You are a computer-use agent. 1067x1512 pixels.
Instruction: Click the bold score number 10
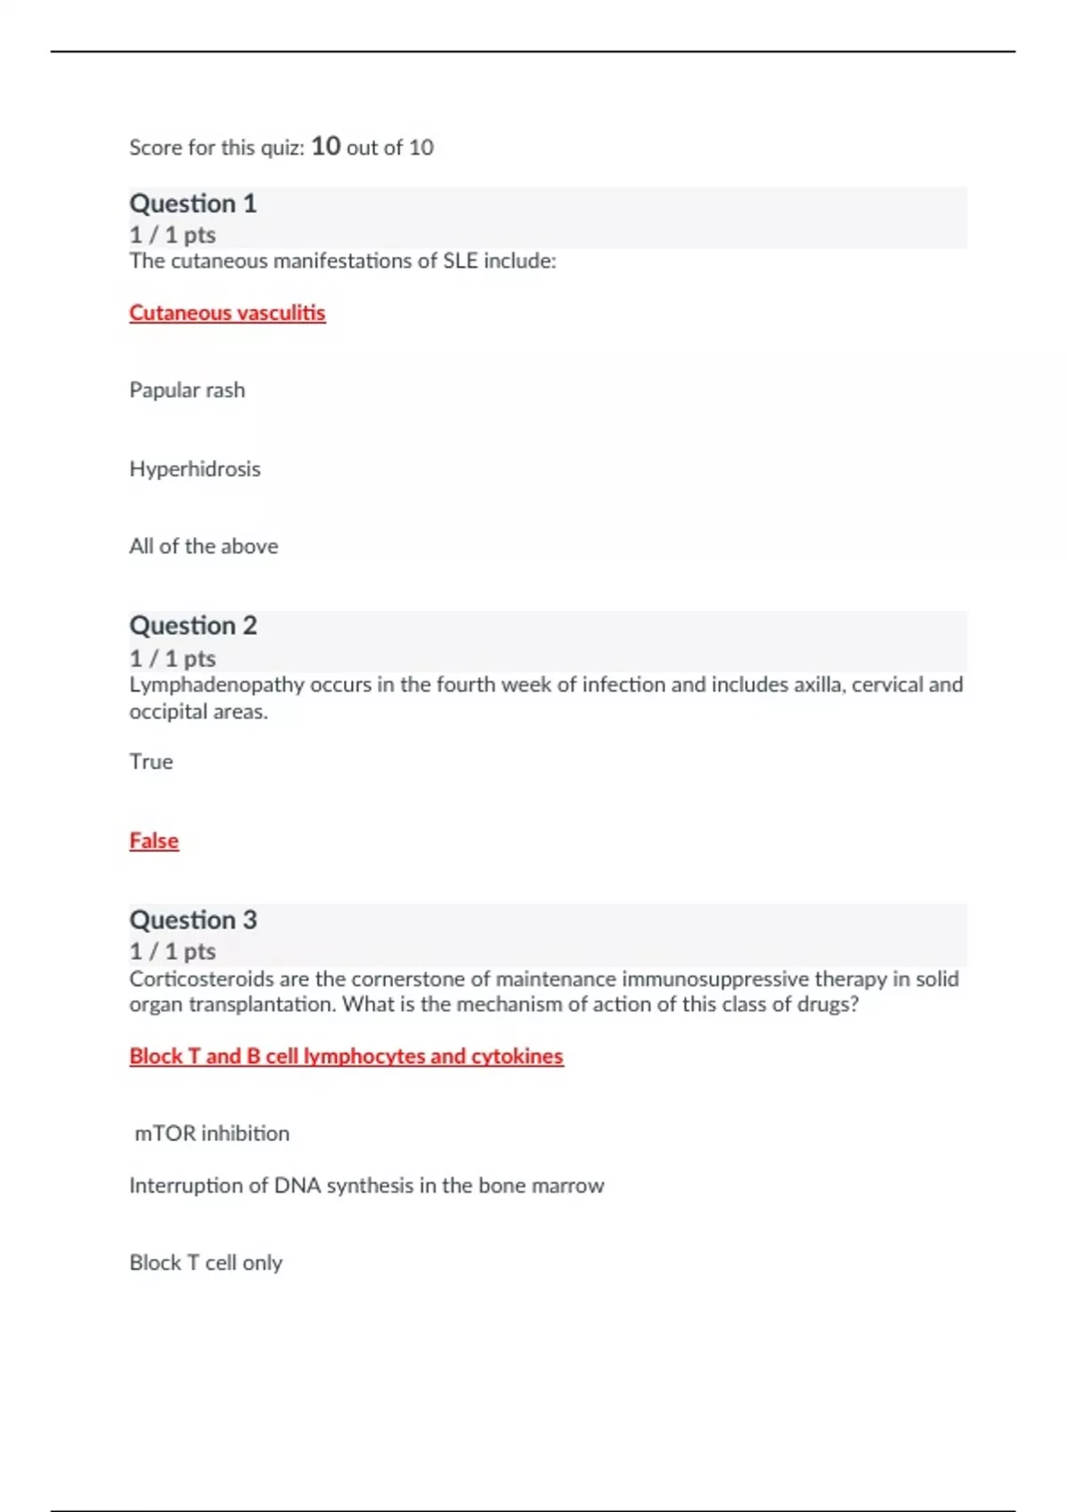pos(325,146)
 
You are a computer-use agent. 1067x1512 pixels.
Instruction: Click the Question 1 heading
pos(193,204)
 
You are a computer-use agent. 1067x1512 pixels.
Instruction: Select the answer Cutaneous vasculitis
pos(227,313)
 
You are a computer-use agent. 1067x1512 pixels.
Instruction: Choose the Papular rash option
pos(187,390)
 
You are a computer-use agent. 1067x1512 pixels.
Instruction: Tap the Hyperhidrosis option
pos(195,469)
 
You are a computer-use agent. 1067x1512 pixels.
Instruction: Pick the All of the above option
pos(204,546)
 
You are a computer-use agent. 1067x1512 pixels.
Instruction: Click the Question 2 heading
pos(193,625)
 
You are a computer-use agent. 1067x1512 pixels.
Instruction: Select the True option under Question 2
pos(151,762)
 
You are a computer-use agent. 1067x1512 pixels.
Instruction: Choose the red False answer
pos(154,840)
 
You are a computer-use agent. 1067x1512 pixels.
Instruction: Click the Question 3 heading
pos(193,920)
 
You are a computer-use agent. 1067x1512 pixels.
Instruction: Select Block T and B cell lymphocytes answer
pos(346,1057)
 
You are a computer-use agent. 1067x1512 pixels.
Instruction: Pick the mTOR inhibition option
pos(212,1134)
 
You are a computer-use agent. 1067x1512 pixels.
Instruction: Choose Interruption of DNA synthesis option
pos(366,1186)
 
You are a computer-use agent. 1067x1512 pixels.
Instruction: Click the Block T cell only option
pos(205,1263)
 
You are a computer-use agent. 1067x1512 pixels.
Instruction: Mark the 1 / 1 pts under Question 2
pos(172,659)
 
